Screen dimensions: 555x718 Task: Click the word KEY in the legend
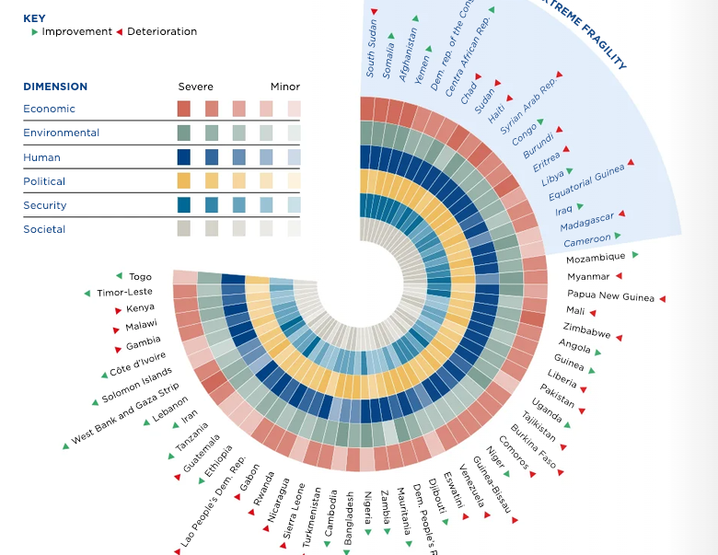[x=34, y=17]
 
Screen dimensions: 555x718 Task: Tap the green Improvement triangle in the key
[x=35, y=32]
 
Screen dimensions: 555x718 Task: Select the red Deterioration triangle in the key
[x=119, y=32]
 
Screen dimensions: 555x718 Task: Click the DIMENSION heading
[x=55, y=87]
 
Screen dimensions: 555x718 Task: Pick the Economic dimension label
[x=49, y=109]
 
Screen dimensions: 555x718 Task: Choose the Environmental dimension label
[x=61, y=133]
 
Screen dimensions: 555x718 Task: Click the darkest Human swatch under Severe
[x=184, y=157]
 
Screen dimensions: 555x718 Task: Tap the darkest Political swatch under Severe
[x=184, y=180]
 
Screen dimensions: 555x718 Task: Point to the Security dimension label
[x=45, y=205]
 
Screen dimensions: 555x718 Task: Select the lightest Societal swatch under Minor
[x=294, y=228]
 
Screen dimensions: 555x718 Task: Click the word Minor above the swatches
[x=284, y=87]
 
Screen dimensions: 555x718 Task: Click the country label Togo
[x=140, y=276]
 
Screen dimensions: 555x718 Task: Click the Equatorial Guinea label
[x=585, y=182]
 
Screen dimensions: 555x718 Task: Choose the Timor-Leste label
[x=124, y=293]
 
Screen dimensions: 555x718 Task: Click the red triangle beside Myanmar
[x=619, y=276]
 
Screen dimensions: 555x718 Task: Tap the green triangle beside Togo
[x=119, y=275]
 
